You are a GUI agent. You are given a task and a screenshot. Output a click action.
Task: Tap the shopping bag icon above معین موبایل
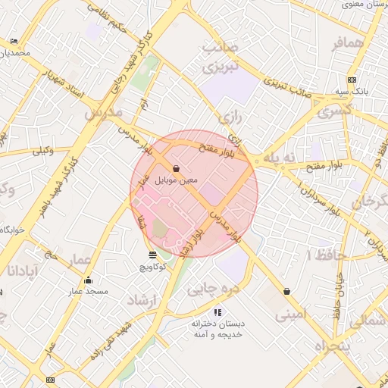coord(177,168)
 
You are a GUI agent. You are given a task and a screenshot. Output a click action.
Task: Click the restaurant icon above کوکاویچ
coord(153,255)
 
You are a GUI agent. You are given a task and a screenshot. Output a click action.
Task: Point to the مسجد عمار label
coord(88,291)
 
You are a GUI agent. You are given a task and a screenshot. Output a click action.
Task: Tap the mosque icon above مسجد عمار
coord(88,280)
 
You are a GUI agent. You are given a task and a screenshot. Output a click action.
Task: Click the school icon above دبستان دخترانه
coord(217,311)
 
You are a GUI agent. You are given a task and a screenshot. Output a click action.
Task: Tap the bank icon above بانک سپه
coord(351,80)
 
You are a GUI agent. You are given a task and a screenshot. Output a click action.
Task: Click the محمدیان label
coord(16,52)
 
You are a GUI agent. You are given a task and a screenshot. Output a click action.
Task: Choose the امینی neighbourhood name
coord(291,312)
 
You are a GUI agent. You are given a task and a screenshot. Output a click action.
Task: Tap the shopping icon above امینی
coord(286,291)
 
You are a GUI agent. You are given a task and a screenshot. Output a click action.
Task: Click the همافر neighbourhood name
coord(349,45)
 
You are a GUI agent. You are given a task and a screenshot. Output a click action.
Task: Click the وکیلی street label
coord(42,152)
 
